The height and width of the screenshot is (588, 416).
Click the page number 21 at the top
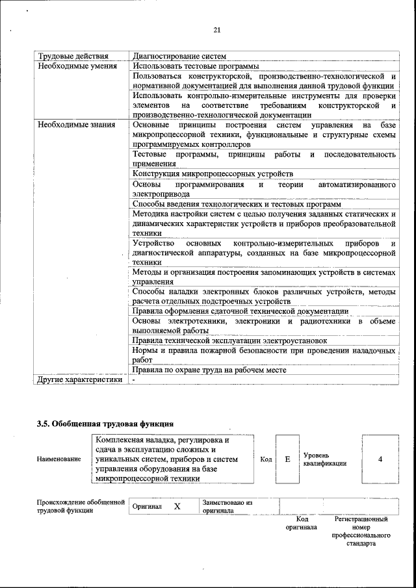(217, 30)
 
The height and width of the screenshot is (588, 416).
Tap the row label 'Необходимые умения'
(77, 66)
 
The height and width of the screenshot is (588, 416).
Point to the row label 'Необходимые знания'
(77, 124)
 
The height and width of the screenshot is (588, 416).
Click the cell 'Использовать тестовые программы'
(196, 66)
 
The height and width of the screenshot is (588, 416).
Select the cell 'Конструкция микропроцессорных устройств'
(213, 174)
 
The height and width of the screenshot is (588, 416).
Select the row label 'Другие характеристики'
(79, 379)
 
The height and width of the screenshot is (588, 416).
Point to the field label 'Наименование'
(59, 459)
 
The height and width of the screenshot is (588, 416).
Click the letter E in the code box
(287, 459)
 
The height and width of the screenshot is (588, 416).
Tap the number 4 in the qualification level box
(380, 459)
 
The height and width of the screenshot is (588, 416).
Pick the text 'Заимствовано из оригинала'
(227, 506)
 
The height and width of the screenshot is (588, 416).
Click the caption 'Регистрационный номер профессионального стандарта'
(361, 531)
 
